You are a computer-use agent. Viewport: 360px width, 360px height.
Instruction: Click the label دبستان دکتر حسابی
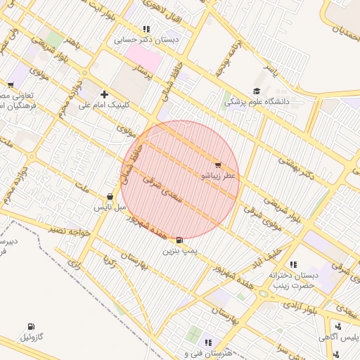pyautogui.click(x=148, y=40)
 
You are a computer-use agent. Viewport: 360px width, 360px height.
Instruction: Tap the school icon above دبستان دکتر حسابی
pyautogui.click(x=146, y=30)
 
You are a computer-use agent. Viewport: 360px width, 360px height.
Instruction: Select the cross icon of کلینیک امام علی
pyautogui.click(x=105, y=94)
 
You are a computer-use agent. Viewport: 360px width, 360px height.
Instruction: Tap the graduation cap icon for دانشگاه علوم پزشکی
pyautogui.click(x=257, y=91)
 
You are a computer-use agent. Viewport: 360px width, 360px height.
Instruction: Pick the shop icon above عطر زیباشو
pyautogui.click(x=217, y=165)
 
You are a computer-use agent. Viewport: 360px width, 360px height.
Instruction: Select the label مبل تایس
pyautogui.click(x=110, y=208)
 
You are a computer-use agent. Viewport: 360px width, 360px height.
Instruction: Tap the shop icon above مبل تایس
pyautogui.click(x=110, y=198)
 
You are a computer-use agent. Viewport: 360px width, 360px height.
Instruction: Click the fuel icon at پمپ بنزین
pyautogui.click(x=180, y=240)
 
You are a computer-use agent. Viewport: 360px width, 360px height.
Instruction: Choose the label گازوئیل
pyautogui.click(x=32, y=337)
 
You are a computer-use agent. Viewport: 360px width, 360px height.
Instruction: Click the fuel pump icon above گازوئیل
pyautogui.click(x=31, y=326)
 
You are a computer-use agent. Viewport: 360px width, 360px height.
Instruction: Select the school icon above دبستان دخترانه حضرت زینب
pyautogui.click(x=292, y=264)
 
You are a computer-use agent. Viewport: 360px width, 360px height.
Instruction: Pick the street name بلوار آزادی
pyautogui.click(x=306, y=309)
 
